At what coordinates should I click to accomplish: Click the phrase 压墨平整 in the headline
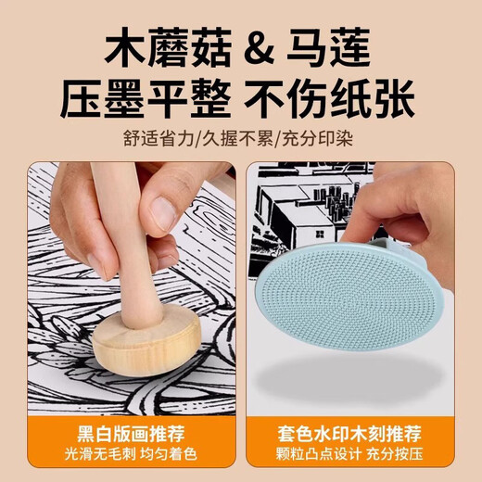(x=158, y=99)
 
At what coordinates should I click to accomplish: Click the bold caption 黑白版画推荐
(x=126, y=435)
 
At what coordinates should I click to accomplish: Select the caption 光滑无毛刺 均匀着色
(x=126, y=458)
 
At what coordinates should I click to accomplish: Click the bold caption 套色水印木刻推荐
(x=358, y=435)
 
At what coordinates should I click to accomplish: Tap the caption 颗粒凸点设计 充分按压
(x=358, y=458)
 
